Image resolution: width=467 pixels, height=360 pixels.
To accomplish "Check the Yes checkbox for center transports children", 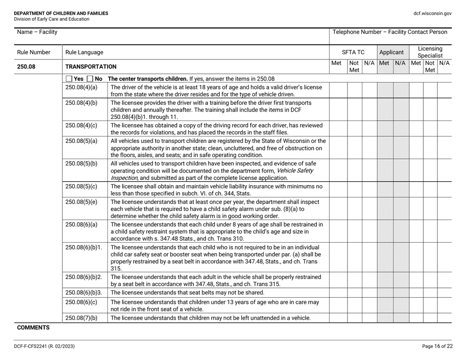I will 69,79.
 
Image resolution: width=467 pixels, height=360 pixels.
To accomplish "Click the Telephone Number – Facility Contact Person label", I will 390,32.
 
